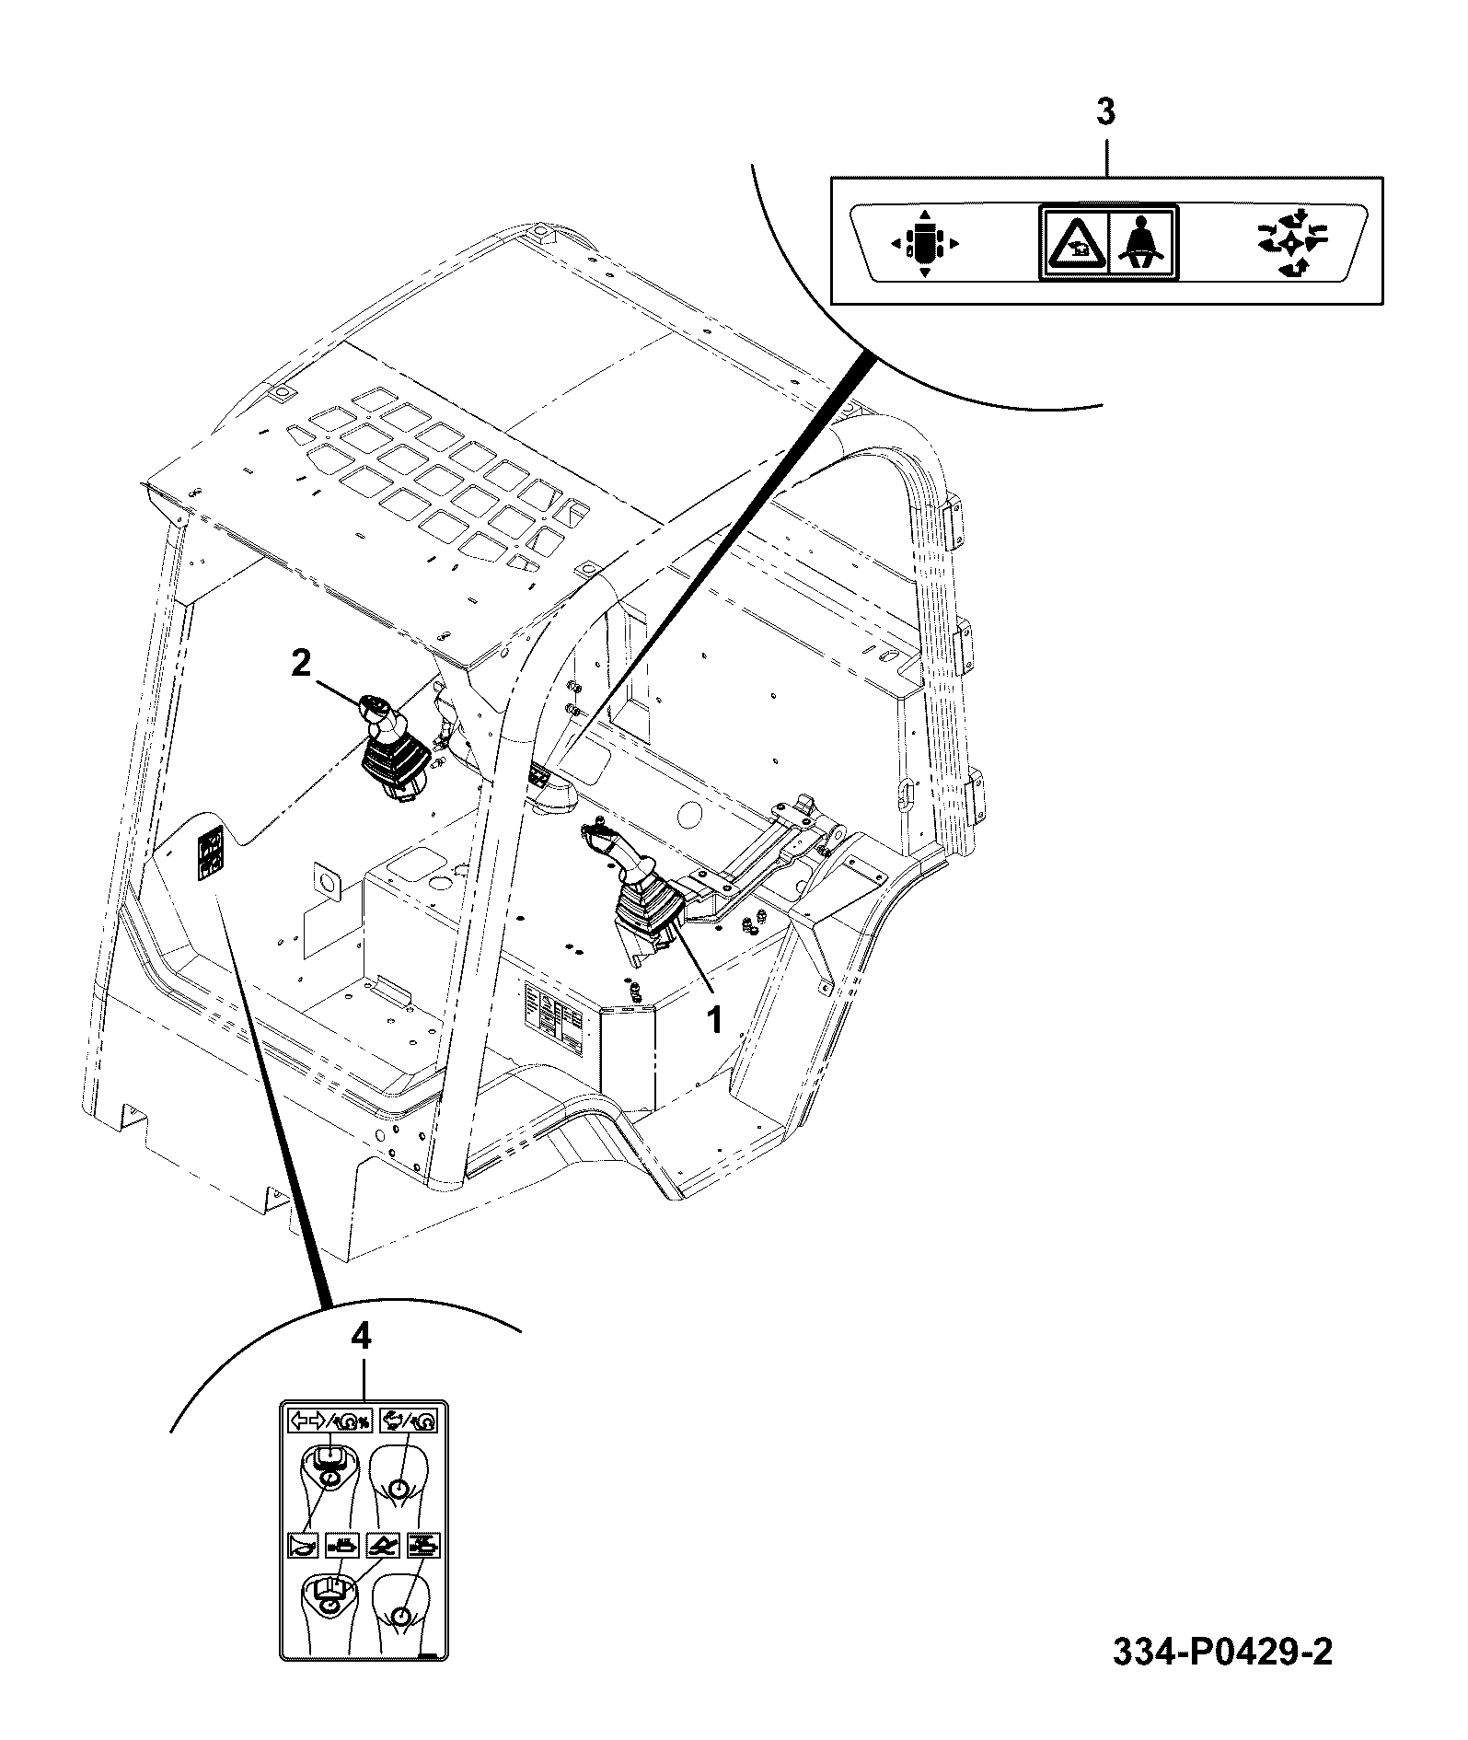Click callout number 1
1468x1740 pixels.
pyautogui.click(x=713, y=1019)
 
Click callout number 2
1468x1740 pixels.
pyautogui.click(x=302, y=663)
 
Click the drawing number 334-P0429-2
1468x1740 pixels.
pyautogui.click(x=1222, y=1678)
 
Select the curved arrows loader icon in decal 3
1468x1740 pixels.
pyautogui.click(x=1291, y=243)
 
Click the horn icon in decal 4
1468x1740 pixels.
pyautogui.click(x=303, y=1544)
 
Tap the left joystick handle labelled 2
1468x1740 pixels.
pyautogui.click(x=390, y=747)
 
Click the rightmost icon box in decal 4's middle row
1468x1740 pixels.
pyautogui.click(x=423, y=1544)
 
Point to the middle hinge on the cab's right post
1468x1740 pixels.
pyautogui.click(x=965, y=645)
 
